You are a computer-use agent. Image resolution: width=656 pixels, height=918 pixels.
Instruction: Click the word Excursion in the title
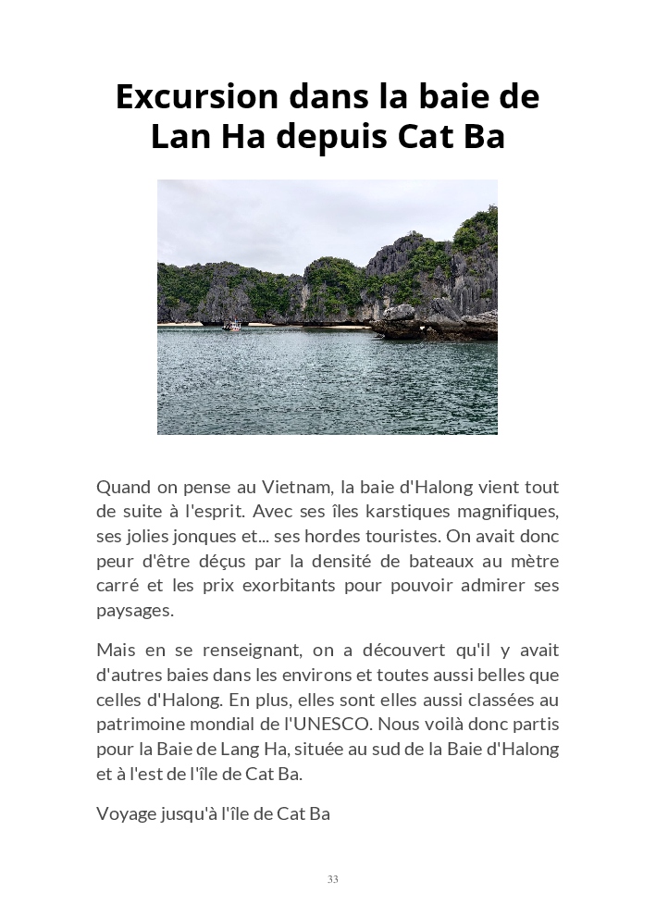(x=197, y=97)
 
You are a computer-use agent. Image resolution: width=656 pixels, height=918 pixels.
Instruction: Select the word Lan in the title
(x=182, y=136)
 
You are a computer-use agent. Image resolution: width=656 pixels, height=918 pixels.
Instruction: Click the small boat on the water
(x=232, y=325)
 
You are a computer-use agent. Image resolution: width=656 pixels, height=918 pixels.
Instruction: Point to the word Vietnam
(x=297, y=487)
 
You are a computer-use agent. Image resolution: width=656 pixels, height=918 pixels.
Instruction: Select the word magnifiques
(x=505, y=512)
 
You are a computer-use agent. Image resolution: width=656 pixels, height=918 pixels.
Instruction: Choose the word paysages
(x=134, y=611)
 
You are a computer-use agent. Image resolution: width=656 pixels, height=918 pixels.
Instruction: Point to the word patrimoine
(x=142, y=725)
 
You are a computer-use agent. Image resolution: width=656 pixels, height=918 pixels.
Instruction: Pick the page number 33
(x=332, y=879)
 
